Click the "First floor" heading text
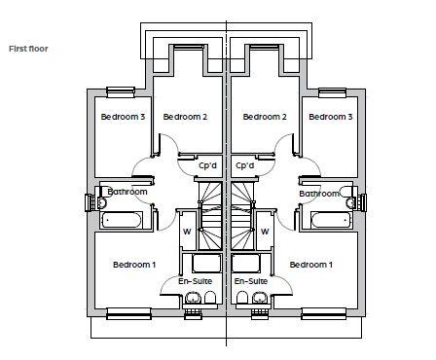pos(28,49)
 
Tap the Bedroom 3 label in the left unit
pos(123,117)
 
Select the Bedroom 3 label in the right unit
pos(331,117)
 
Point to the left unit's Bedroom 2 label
pos(185,117)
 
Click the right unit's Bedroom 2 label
pos(265,117)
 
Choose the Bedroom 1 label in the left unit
pos(134,265)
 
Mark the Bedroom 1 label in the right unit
pos(311,265)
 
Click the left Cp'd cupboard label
pos(207,165)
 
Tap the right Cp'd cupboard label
pos(245,165)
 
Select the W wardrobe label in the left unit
pos(187,232)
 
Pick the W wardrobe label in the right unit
pos(265,232)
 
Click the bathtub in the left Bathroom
pos(122,220)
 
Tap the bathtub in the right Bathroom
pos(331,220)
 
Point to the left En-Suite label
pos(196,281)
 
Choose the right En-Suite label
pos(251,281)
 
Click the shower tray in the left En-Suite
pos(206,264)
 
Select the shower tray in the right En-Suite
pos(246,264)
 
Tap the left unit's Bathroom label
pos(127,192)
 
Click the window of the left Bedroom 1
pos(128,313)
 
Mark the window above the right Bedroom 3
pos(333,92)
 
